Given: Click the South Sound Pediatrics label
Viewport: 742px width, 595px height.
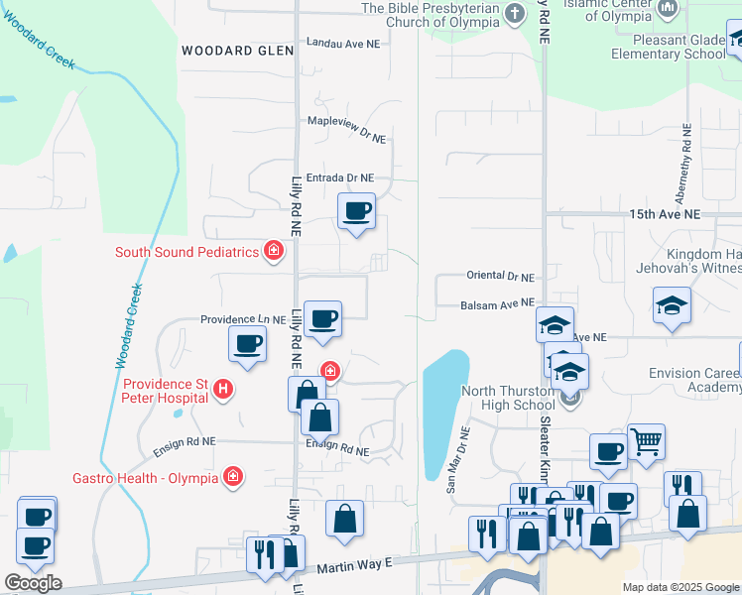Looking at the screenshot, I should click(x=186, y=252).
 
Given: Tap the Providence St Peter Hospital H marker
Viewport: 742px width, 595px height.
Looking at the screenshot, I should click(x=224, y=391).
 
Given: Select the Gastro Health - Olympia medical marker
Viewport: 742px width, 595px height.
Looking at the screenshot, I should click(x=233, y=478).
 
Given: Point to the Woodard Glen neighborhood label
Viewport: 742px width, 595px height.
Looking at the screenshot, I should click(x=237, y=50).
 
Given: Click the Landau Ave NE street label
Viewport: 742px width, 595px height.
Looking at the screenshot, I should click(x=343, y=44).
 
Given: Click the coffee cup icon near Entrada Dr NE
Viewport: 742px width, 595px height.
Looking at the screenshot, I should click(x=356, y=210).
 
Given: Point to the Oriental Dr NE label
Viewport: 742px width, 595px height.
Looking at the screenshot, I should click(x=500, y=277).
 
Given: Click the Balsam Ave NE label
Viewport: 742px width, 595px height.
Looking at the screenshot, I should click(x=497, y=303).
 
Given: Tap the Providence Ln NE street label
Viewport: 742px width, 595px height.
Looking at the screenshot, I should click(x=243, y=319).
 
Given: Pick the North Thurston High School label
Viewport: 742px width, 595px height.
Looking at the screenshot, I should click(x=508, y=398).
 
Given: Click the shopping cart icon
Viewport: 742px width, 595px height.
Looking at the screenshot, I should click(x=646, y=441).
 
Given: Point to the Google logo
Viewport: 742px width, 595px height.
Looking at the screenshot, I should click(x=33, y=583).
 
